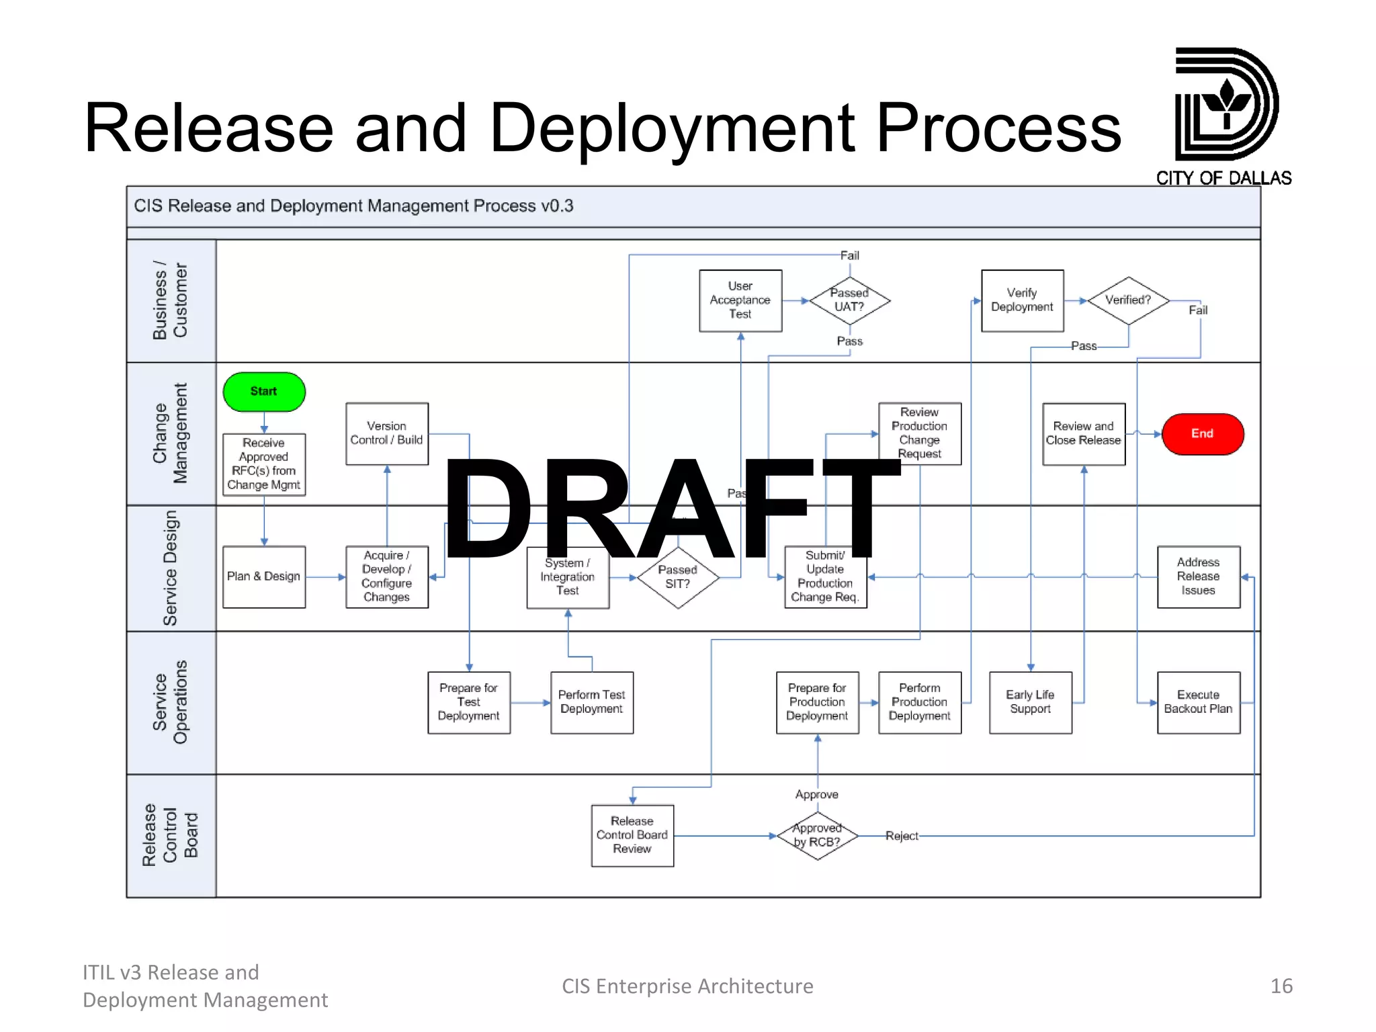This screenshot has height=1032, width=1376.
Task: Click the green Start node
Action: (x=264, y=392)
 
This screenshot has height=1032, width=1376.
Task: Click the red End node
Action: (x=1202, y=434)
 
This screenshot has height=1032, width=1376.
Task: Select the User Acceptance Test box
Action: (x=740, y=300)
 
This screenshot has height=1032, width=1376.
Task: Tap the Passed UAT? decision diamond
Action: (x=849, y=300)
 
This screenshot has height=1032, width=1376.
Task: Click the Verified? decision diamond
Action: (x=1128, y=300)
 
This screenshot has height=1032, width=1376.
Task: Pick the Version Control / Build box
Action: (x=386, y=433)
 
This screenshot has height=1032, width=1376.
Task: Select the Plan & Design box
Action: (x=264, y=576)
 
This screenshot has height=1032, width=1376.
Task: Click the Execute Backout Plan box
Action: (x=1198, y=702)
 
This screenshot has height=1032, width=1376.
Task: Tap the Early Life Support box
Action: (x=1030, y=702)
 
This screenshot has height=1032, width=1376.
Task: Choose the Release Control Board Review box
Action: (x=632, y=835)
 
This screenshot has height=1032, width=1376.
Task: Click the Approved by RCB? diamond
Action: (x=817, y=835)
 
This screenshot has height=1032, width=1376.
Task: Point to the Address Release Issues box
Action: (x=1198, y=576)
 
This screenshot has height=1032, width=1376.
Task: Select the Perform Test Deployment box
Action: (x=591, y=702)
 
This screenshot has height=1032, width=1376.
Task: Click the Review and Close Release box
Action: (x=1083, y=433)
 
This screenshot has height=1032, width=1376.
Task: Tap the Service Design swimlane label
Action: (x=171, y=568)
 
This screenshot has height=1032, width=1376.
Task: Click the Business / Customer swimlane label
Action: (x=171, y=300)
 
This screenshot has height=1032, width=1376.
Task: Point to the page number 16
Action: (x=1281, y=986)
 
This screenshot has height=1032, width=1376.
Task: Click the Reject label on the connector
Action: (x=901, y=836)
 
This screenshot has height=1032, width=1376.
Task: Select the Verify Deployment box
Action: (x=1022, y=300)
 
